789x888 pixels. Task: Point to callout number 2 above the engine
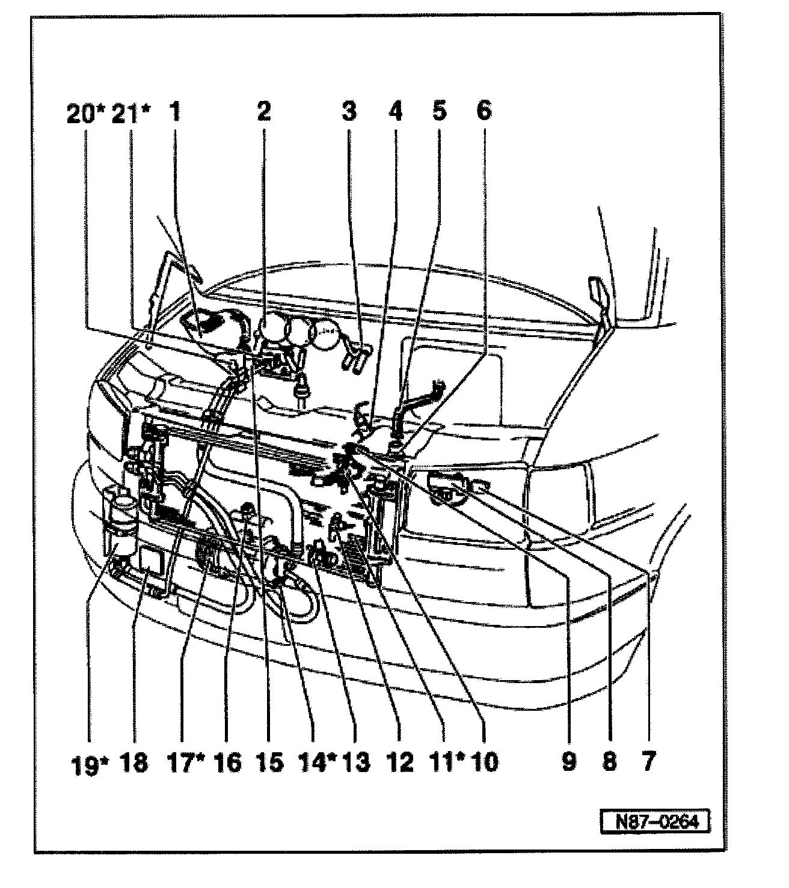263,112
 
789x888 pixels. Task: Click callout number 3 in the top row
349,112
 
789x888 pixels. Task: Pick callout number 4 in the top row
395,112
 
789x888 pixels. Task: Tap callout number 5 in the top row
439,112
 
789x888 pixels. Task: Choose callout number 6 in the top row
484,112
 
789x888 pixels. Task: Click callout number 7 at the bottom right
647,762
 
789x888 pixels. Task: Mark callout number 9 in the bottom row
568,762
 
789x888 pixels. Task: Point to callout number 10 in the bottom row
485,762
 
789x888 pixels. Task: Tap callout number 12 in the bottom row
401,762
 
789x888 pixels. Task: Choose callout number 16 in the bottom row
227,762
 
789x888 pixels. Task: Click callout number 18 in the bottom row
134,762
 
